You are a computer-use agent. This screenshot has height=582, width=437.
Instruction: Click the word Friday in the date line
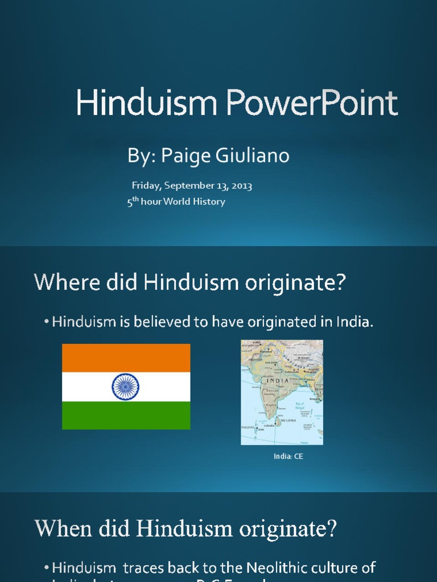pyautogui.click(x=146, y=185)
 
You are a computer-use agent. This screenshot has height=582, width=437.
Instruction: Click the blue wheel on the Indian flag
pyautogui.click(x=126, y=386)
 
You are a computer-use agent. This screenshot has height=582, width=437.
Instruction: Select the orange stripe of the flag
pyautogui.click(x=126, y=358)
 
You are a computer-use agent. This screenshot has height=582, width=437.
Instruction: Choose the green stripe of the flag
pyautogui.click(x=126, y=415)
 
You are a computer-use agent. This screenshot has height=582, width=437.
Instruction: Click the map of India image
pyautogui.click(x=282, y=392)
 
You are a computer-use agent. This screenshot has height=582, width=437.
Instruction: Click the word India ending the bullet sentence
pyautogui.click(x=355, y=322)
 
